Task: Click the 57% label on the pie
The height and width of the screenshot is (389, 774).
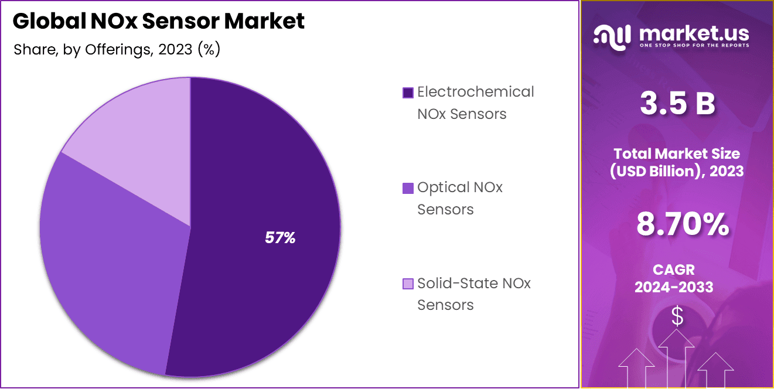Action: (280, 237)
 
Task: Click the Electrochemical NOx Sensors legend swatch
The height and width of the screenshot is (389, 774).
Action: (408, 93)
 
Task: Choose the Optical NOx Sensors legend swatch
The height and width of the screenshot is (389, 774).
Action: (408, 188)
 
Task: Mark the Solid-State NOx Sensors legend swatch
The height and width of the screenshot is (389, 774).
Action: (408, 284)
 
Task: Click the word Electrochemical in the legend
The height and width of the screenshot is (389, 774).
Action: (475, 92)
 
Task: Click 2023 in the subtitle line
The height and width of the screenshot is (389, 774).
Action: (176, 49)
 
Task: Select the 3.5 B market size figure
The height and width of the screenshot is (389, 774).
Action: (677, 104)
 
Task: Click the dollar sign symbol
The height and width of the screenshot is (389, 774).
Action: (677, 317)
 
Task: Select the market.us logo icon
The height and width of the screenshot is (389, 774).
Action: (612, 35)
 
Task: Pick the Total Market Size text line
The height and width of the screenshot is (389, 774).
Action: (677, 153)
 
